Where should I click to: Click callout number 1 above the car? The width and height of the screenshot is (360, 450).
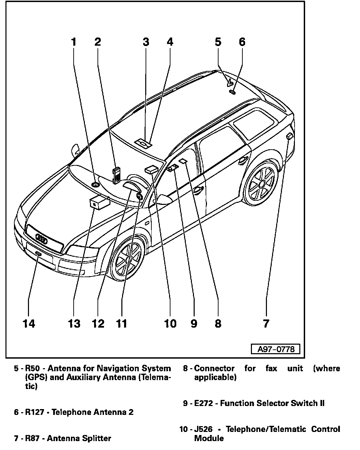pyautogui.click(x=73, y=42)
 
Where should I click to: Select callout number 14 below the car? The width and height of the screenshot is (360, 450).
pyautogui.click(x=29, y=323)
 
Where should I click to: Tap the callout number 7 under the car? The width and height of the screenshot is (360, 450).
pyautogui.click(x=266, y=323)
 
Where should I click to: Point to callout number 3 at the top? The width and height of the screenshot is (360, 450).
pyautogui.click(x=146, y=42)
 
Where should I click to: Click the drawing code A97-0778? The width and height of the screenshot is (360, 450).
pyautogui.click(x=276, y=349)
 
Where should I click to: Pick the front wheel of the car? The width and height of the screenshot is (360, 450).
pyautogui.click(x=128, y=259)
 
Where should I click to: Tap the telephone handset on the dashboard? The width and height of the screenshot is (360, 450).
pyautogui.click(x=116, y=175)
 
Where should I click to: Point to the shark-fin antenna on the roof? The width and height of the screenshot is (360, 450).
pyautogui.click(x=230, y=82)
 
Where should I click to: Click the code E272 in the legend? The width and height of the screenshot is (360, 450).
pyautogui.click(x=204, y=404)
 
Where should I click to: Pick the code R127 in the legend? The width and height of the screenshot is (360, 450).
pyautogui.click(x=35, y=412)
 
